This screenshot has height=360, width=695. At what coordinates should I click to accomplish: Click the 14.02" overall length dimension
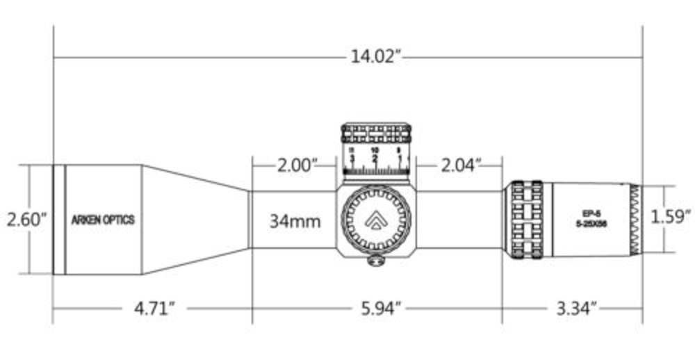click(x=377, y=56)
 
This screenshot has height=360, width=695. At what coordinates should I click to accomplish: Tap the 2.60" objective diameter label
click(x=26, y=220)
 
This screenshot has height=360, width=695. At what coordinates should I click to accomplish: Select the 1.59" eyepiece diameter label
click(x=671, y=216)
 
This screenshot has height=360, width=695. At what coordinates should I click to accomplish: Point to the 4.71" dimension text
click(x=152, y=308)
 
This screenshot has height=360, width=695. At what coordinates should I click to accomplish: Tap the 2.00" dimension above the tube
click(x=297, y=165)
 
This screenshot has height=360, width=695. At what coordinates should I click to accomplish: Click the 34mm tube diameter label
click(x=295, y=222)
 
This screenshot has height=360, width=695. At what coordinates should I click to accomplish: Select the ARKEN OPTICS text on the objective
click(x=104, y=220)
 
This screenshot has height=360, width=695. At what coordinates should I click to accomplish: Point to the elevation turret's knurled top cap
click(x=377, y=133)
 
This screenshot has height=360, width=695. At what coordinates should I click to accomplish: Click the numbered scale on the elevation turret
click(x=377, y=158)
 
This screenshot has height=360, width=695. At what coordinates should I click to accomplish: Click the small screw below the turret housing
click(x=376, y=261)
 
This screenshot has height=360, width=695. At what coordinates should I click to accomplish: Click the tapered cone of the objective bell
click(x=195, y=220)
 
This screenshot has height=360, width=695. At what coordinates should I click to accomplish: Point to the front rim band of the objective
click(x=59, y=220)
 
